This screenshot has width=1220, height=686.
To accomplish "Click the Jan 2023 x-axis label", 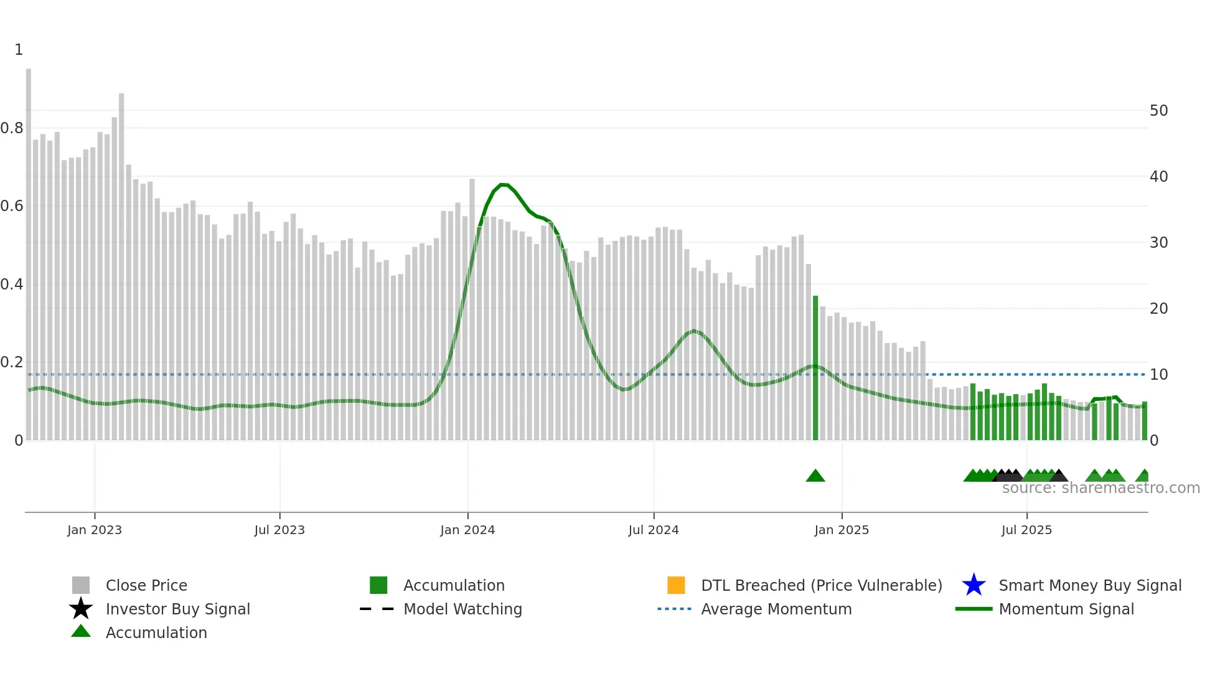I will [95, 530].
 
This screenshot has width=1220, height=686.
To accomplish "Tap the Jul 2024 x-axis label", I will [654, 530].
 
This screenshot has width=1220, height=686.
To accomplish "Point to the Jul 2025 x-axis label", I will [1026, 530].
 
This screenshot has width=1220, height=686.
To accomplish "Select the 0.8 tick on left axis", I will [12, 128].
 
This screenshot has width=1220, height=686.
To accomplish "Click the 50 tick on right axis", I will [1158, 111].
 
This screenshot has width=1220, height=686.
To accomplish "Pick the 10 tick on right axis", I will [1158, 375].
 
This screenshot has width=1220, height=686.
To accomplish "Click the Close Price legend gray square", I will [81, 585].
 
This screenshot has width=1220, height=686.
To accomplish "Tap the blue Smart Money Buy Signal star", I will [974, 585].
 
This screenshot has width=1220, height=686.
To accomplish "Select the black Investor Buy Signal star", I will [81, 609].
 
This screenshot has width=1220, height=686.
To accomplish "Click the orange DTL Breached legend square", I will [676, 585].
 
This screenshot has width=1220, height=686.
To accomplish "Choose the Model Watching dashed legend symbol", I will [377, 609].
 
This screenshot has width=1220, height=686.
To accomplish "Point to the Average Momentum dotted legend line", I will [675, 609].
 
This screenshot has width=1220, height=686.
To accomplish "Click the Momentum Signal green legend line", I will [974, 609].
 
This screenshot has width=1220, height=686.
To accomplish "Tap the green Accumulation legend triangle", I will [81, 632].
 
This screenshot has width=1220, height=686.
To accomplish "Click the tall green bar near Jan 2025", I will [815, 367].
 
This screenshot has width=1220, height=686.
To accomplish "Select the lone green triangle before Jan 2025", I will [815, 476].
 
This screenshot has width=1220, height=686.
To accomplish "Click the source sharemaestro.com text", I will [1100, 488].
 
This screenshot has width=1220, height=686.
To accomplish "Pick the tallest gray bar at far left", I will [29, 249].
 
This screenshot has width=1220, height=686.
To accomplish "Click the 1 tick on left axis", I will [19, 50].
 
